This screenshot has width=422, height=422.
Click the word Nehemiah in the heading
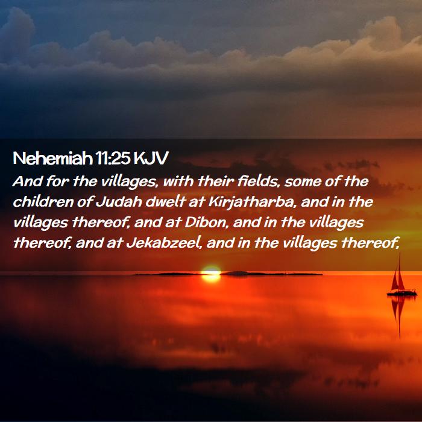point(52,158)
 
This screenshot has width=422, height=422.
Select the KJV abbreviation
point(151,158)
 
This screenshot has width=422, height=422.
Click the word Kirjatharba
point(251,203)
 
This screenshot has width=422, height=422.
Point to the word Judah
point(119,202)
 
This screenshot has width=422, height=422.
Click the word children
point(43,202)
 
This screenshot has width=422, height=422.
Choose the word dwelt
point(165,202)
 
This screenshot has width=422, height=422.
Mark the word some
point(303,182)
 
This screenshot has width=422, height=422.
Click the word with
point(178,181)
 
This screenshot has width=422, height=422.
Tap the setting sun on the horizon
point(211,274)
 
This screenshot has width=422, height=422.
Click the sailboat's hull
point(402,293)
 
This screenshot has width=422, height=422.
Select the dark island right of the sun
point(271,274)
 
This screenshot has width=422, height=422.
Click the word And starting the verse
point(28,181)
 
